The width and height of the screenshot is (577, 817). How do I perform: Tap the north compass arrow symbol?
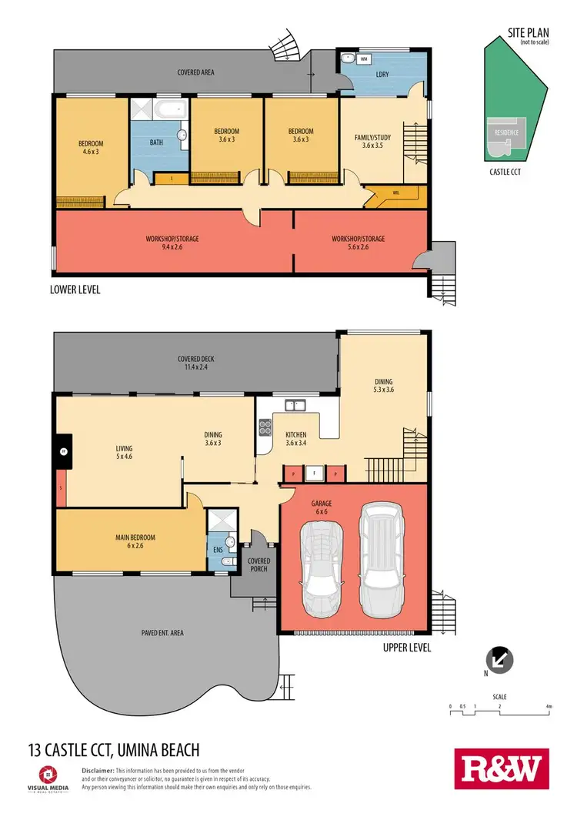point(499,659)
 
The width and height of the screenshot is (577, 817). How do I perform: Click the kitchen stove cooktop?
point(266,427)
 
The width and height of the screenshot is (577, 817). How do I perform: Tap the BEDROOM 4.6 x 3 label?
point(90,147)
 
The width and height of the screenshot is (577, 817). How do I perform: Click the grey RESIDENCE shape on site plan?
point(505,133)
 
